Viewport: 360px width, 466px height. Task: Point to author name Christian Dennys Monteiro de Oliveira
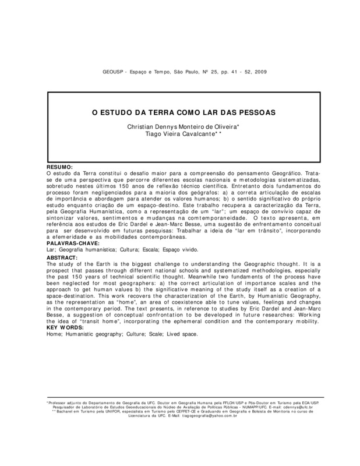click(180, 126)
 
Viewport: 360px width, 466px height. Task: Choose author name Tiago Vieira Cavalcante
click(181, 133)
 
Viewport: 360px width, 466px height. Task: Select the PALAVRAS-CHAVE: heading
click(70, 243)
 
